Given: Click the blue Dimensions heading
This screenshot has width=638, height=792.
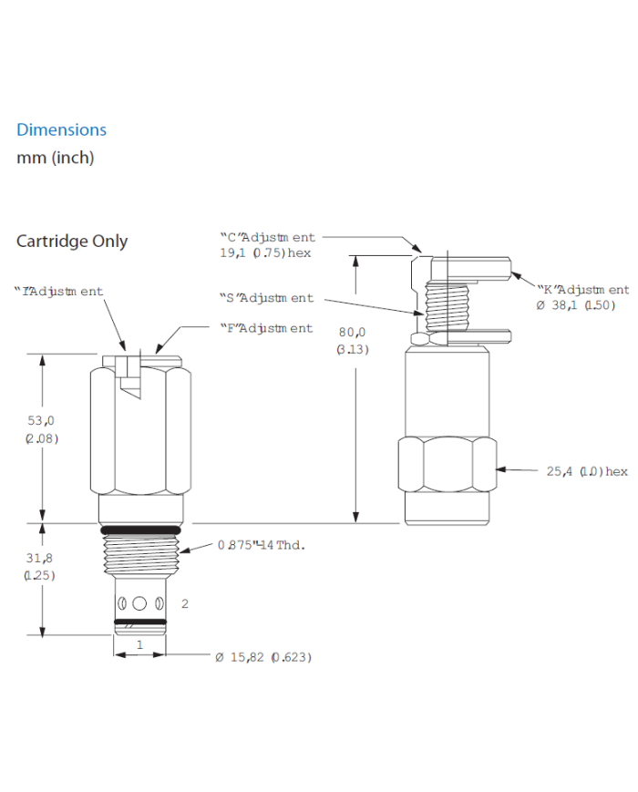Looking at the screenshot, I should pyautogui.click(x=61, y=129).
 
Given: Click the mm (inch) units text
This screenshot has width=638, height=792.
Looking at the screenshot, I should pyautogui.click(x=55, y=158).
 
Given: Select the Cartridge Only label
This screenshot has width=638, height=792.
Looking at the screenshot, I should pyautogui.click(x=72, y=242).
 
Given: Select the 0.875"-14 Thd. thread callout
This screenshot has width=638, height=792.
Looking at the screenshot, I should pyautogui.click(x=260, y=546).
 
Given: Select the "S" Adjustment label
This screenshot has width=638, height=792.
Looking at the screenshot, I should pyautogui.click(x=266, y=298).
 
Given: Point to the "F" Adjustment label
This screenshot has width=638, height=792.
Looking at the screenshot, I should pyautogui.click(x=265, y=328).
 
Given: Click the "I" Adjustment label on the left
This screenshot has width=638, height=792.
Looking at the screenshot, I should pyautogui.click(x=58, y=292).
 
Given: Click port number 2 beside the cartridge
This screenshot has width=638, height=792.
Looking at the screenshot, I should pyautogui.click(x=185, y=603).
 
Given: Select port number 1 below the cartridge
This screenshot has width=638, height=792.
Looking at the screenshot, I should pyautogui.click(x=139, y=643).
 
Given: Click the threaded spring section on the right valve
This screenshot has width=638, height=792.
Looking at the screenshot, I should pyautogui.click(x=448, y=303).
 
